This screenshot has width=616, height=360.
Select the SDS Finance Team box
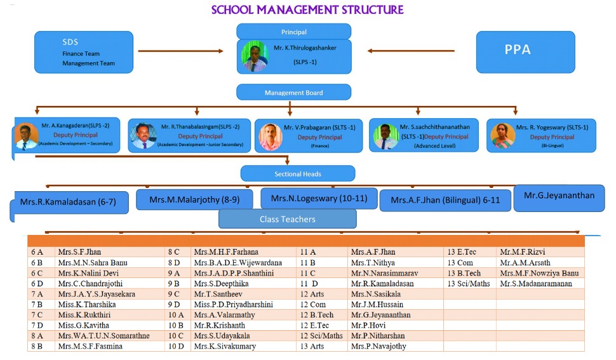coord(83,52)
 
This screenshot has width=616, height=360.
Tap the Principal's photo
coord(255,57)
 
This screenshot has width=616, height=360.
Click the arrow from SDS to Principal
coord(182,50)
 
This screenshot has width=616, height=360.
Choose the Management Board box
coord(293,93)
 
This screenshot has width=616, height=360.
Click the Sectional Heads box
coord(297,173)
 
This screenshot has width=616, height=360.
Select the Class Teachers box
coord(287,219)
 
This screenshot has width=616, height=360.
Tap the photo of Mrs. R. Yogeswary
coord(503,135)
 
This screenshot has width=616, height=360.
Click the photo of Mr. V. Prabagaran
coord(269,135)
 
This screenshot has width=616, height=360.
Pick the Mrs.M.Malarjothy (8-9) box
coord(194,199)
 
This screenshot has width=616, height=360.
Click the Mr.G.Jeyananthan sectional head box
coord(559,196)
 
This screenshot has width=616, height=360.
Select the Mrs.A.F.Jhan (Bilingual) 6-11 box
coord(445,200)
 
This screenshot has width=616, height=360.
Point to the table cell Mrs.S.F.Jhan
coord(79,252)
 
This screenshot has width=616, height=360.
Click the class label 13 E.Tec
coord(462,252)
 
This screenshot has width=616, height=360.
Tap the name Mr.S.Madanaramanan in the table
coord(535,284)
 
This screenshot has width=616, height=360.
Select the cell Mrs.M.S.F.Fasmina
coord(90,347)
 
